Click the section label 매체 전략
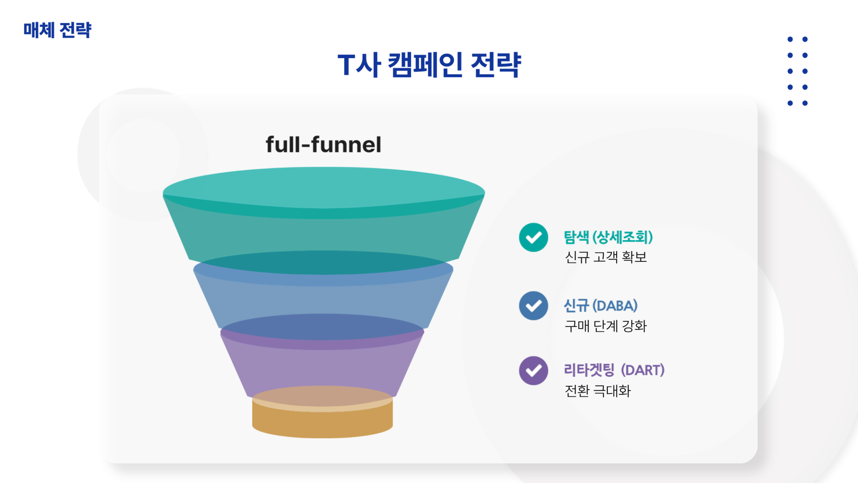tap(57, 30)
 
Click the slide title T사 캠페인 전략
tap(429, 65)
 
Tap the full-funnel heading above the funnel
tap(323, 145)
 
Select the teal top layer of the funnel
tap(323, 215)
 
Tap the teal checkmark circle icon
tap(534, 237)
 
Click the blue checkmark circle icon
tap(534, 306)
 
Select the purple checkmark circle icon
tap(534, 371)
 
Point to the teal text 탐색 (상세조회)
tap(608, 237)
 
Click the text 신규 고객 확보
tap(606, 257)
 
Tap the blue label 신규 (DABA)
tap(601, 306)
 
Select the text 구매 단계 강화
tap(606, 326)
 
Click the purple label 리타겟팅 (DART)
tap(614, 370)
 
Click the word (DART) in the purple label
tap(643, 370)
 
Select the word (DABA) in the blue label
tap(615, 306)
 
